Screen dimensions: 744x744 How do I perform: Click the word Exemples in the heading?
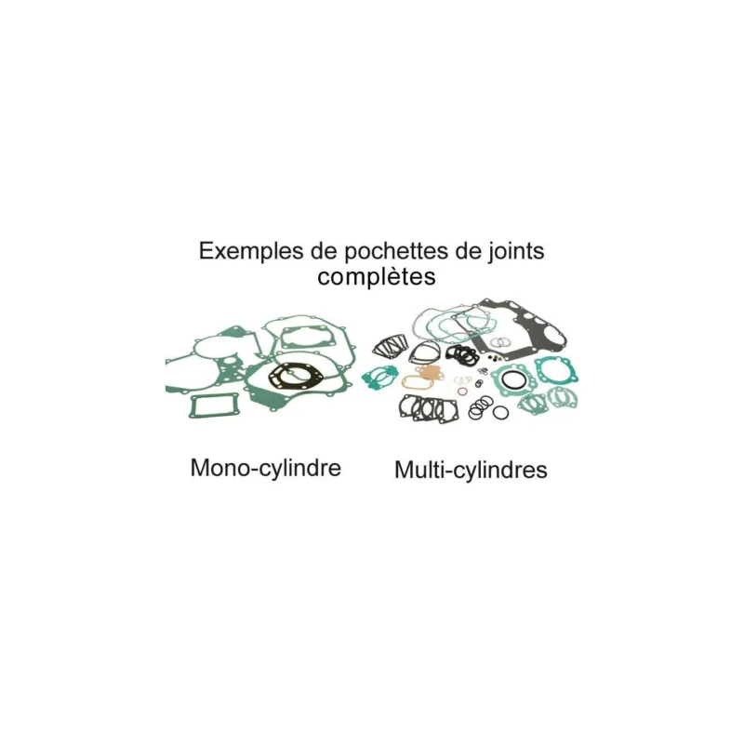251,250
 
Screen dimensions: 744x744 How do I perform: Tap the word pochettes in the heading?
396,251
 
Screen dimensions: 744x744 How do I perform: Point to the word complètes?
377,276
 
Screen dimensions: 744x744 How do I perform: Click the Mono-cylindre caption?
266,469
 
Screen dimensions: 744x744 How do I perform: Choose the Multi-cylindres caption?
471,470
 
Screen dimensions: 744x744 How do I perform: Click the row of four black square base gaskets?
429,409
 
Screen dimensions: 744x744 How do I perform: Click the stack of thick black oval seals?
461,354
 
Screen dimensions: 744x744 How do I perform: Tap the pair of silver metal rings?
499,342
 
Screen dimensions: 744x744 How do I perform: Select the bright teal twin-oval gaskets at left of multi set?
379,378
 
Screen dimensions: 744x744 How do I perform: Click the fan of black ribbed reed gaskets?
390,346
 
